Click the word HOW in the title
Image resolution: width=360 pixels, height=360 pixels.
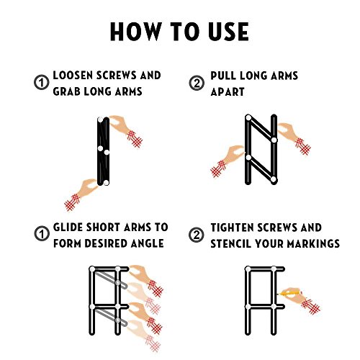point(136,32)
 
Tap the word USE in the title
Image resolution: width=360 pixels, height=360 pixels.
point(228,32)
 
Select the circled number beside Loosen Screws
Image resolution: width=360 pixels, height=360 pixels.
point(42,83)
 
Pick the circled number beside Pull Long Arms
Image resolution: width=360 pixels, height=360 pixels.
point(197,83)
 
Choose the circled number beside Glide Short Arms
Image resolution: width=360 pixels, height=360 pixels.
point(42,234)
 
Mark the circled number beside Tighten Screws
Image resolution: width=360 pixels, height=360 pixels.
point(197,235)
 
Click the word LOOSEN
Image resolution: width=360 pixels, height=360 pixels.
point(73,76)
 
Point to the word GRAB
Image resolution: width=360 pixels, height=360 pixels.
point(66,91)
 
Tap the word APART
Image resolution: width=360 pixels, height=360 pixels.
point(228,91)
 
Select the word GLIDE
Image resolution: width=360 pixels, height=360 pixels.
point(68,227)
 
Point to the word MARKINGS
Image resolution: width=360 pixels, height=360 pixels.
point(313,243)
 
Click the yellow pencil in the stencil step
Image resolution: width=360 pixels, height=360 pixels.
point(289,293)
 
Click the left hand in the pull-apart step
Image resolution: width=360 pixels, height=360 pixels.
point(227,161)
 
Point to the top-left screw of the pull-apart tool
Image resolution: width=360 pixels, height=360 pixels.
point(248,117)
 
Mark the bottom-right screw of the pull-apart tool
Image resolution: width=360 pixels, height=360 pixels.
point(274,179)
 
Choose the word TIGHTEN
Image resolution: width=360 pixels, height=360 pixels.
point(233,228)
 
